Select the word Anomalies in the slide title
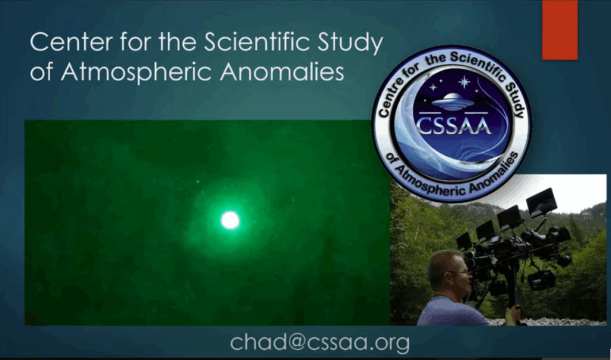pyautogui.click(x=282, y=72)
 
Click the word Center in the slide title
pyautogui.click(x=72, y=42)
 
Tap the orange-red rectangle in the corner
pyautogui.click(x=560, y=30)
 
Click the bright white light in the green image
pyautogui.click(x=230, y=220)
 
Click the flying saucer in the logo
pyautogui.click(x=453, y=101)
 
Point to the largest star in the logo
pyautogui.click(x=464, y=82)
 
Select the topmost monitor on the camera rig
pyautogui.click(x=542, y=202)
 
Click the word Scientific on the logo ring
pyautogui.click(x=480, y=66)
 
